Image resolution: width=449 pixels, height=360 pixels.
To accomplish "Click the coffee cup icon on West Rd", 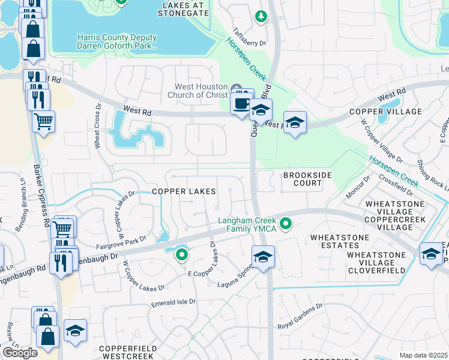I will coord(242,103).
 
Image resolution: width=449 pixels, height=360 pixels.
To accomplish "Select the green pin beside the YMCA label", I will coord(286,224).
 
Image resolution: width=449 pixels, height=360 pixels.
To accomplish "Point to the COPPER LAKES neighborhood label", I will coord(184,191).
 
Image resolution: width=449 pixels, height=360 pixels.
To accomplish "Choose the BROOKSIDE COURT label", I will coord(303,178).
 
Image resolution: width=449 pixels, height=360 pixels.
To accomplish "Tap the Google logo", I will coord(20,353).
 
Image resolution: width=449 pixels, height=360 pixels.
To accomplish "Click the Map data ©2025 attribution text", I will coord(423,355).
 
